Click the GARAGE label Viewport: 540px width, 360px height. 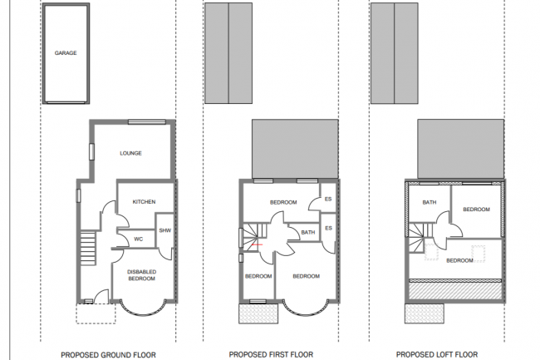pos(66,52)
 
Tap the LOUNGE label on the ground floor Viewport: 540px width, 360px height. pos(130,153)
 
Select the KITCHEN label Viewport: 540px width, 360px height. pos(145,202)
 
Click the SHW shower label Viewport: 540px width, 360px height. pos(164,230)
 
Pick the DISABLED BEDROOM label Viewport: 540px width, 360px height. pos(140,275)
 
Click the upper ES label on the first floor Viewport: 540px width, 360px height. pos(328,200)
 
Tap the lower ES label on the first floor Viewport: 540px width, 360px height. pos(328,228)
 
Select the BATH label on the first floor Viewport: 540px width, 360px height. pos(307,233)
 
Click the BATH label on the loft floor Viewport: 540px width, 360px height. pos(429,202)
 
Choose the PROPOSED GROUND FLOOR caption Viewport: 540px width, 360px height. pos(107,354)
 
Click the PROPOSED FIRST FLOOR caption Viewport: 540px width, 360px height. pos(271,354)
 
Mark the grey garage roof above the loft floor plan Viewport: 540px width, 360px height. pos(393,53)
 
